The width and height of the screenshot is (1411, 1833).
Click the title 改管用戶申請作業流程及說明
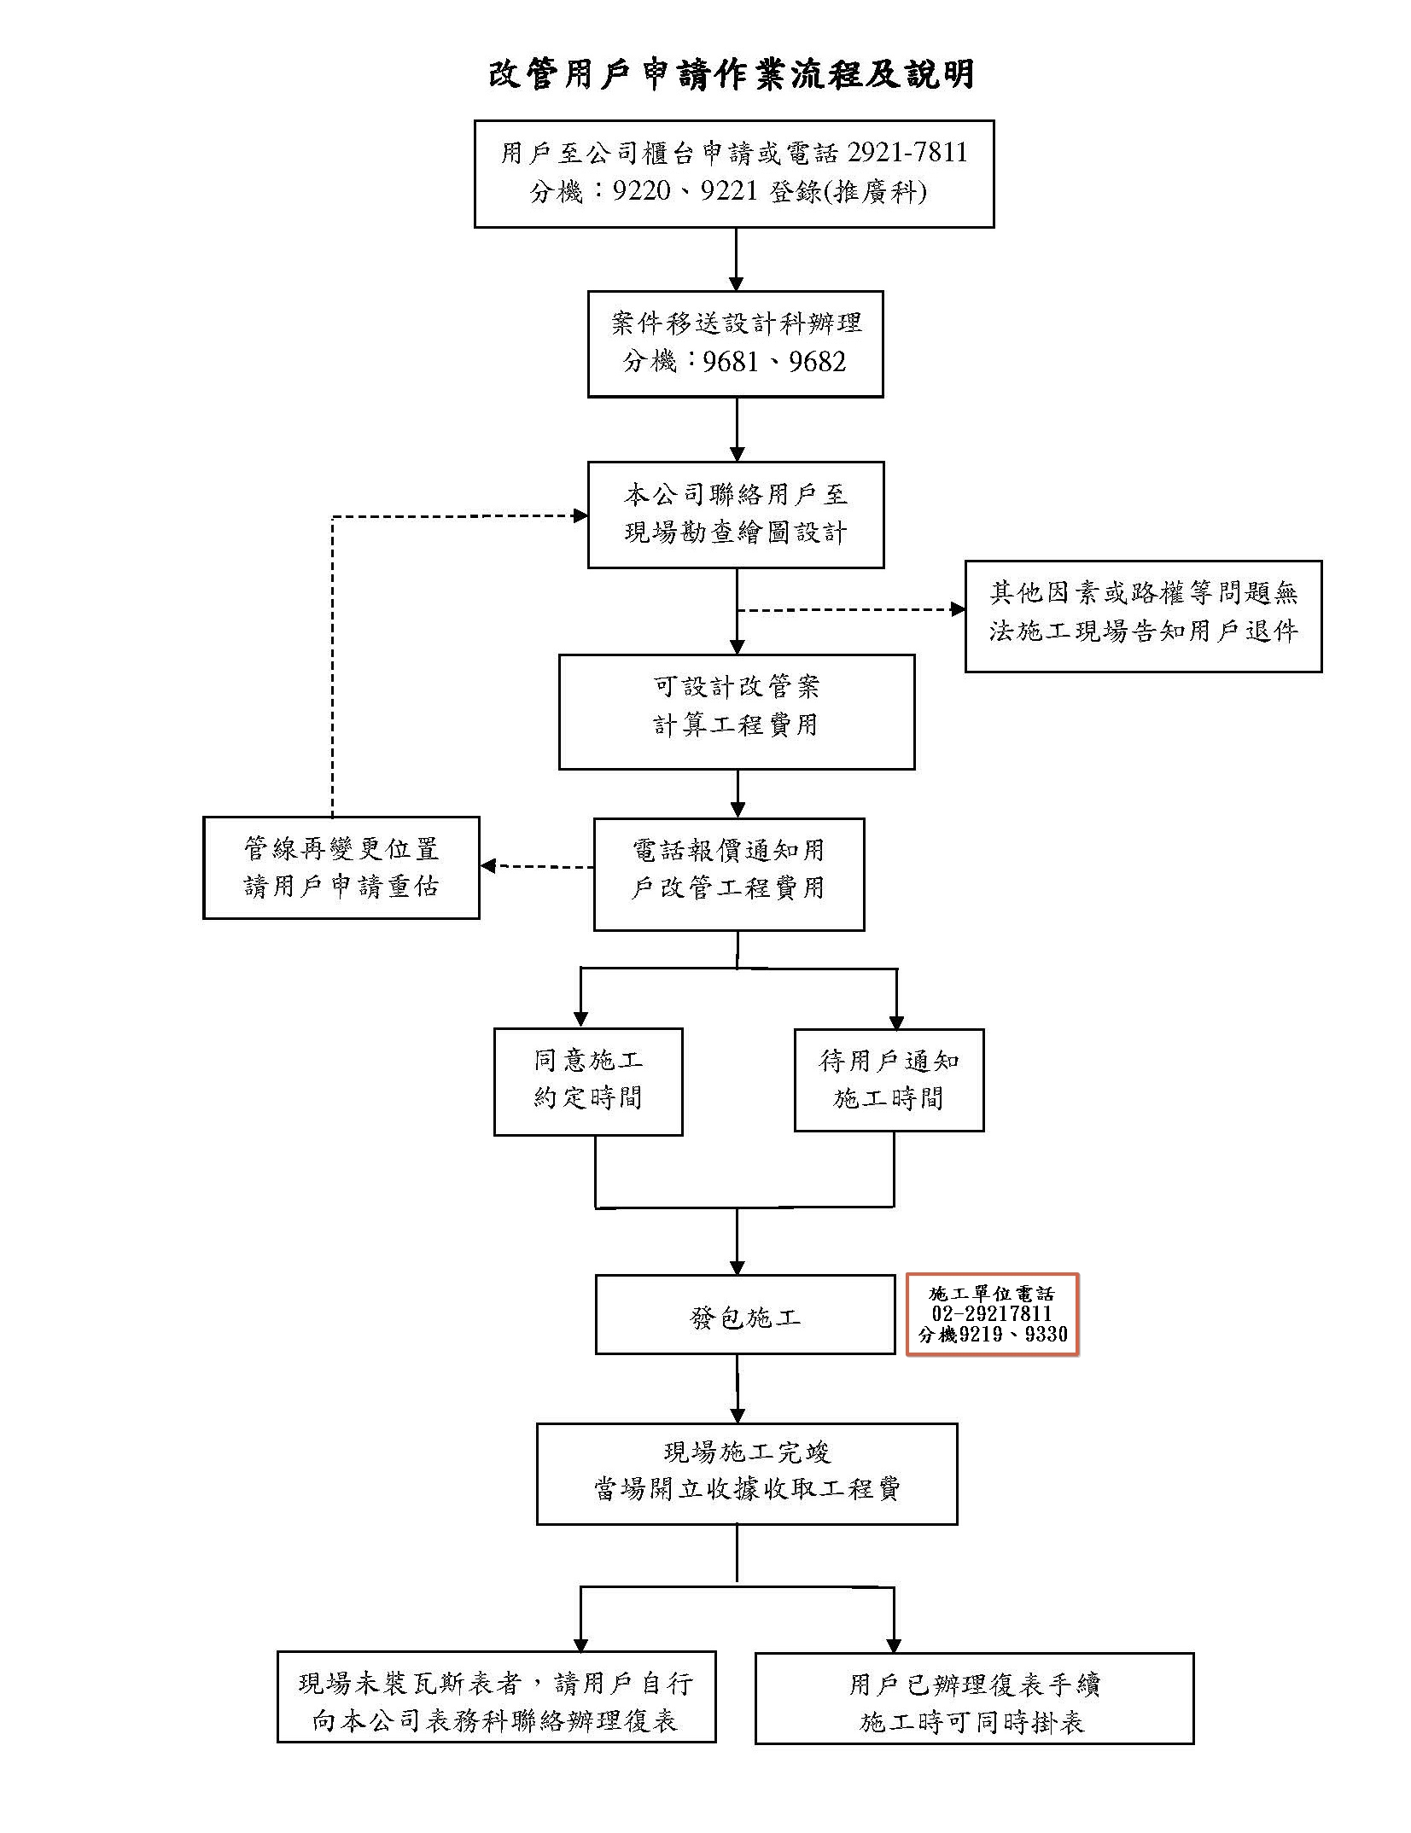point(732,74)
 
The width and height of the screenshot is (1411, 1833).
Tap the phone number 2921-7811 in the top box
point(907,153)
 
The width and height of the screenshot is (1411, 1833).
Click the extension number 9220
point(641,191)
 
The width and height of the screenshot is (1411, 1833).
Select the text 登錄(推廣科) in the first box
point(848,191)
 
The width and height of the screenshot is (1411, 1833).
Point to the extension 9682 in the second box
point(817,362)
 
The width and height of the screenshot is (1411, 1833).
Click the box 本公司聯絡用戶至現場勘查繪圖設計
point(735,515)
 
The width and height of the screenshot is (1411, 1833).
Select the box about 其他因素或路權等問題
point(1142,615)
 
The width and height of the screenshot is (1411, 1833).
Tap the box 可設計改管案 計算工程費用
point(736,711)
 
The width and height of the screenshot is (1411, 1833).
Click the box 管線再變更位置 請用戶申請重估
point(341,867)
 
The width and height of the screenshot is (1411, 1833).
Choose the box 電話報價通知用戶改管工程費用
point(728,873)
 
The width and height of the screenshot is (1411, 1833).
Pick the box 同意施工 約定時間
point(587,1080)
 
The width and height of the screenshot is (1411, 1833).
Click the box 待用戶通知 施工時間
point(888,1079)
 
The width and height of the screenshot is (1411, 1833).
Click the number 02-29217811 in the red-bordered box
point(991,1314)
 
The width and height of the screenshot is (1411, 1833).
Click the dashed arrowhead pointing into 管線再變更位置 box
point(488,866)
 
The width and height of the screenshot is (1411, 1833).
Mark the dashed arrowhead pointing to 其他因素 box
point(958,609)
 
